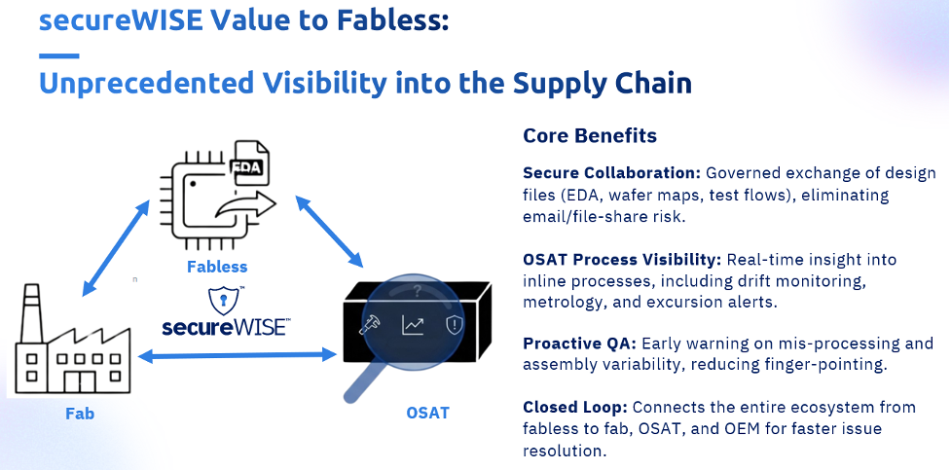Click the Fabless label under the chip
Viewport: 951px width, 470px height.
[x=218, y=266]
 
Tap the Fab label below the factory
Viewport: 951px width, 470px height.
[x=79, y=413]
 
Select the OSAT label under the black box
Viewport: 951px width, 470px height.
[x=427, y=413]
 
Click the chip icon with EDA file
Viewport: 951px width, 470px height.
[x=218, y=195]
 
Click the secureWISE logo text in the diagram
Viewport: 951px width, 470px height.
[x=224, y=327]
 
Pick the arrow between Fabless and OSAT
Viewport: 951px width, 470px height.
[x=329, y=231]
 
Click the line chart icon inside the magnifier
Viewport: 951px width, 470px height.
[x=413, y=324]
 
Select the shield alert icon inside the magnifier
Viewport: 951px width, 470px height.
[x=455, y=324]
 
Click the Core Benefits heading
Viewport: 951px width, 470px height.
[x=590, y=135]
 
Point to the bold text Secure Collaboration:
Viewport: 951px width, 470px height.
[x=611, y=172]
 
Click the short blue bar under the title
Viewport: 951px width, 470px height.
[x=58, y=54]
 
